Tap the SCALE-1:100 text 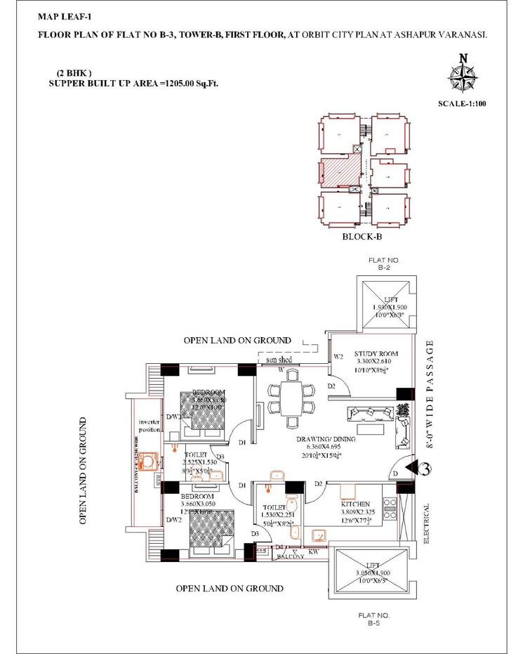tap(461, 104)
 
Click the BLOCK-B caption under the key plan tap(362, 237)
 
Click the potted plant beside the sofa tap(402, 411)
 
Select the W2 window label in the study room tap(338, 356)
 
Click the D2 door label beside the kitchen tap(317, 484)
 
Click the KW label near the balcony tap(313, 552)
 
